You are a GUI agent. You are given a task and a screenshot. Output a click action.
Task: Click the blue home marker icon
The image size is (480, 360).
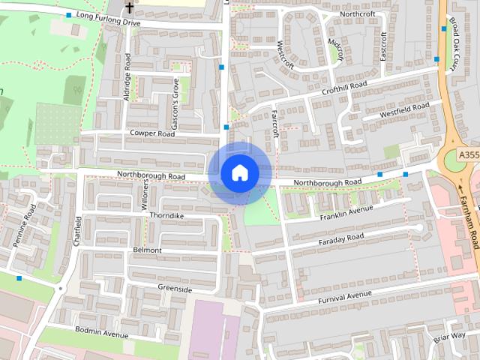click(239, 173)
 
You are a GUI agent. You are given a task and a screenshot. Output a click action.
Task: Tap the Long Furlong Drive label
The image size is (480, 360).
click(108, 19)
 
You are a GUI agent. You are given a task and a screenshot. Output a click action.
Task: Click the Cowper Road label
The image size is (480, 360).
click(151, 133)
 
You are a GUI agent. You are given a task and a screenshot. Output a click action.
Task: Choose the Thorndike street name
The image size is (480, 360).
click(166, 215)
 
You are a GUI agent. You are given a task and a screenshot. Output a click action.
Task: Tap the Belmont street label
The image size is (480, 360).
click(147, 250)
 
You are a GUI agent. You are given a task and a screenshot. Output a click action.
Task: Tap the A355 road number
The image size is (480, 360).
click(468, 155)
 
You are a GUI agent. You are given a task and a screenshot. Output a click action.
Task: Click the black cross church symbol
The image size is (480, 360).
click(129, 7)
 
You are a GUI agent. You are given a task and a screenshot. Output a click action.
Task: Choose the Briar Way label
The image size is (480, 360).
click(449, 338)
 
